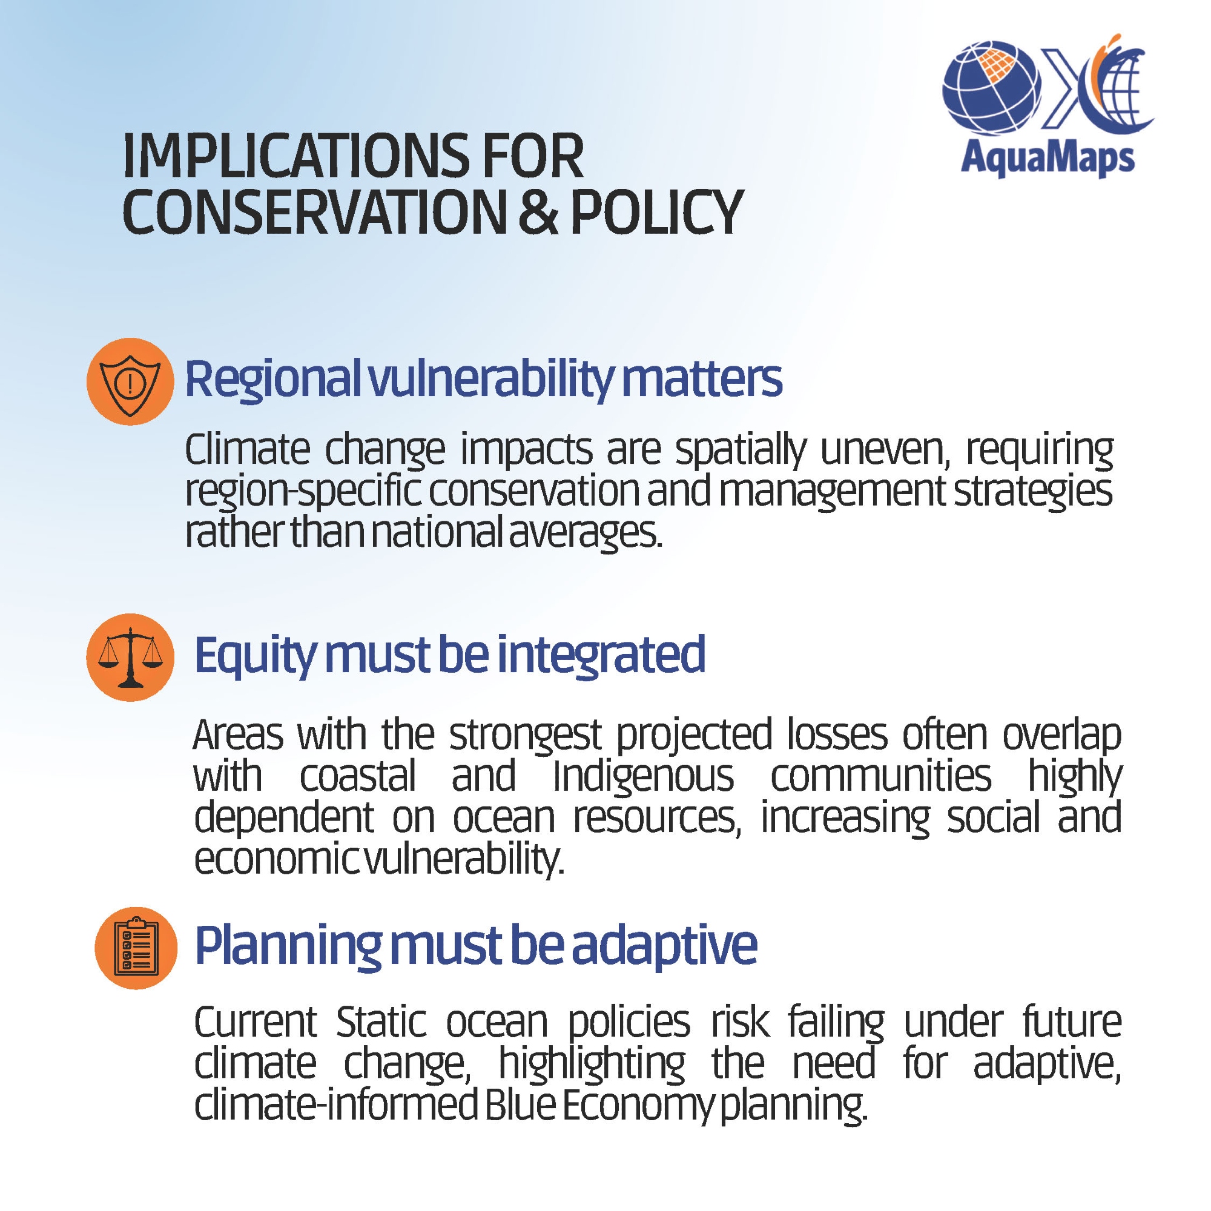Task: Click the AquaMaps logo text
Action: click(x=1048, y=159)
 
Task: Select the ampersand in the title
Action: click(x=537, y=213)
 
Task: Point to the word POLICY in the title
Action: click(x=656, y=213)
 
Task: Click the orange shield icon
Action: click(x=130, y=381)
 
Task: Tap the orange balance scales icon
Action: click(x=130, y=657)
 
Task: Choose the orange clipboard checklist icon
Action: click(x=136, y=948)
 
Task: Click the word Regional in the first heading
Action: click(x=272, y=380)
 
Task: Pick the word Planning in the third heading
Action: click(x=288, y=946)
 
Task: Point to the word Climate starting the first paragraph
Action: click(x=248, y=449)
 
